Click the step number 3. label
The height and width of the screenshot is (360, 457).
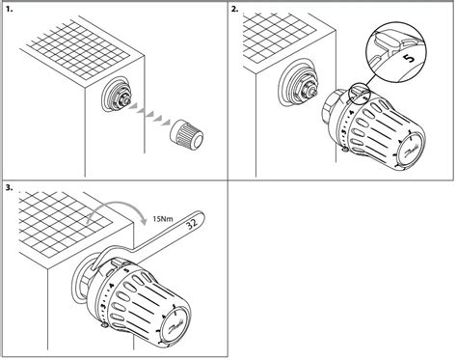coord(9,186)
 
